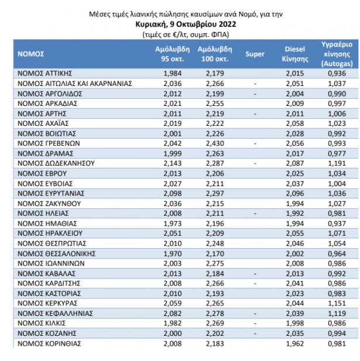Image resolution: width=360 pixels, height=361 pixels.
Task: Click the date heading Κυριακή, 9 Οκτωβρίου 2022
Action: [186, 25]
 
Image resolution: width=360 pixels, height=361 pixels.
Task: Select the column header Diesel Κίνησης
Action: [295, 54]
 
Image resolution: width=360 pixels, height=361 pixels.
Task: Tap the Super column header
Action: [255, 54]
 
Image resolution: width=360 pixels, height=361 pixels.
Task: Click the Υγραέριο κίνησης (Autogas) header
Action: [337, 54]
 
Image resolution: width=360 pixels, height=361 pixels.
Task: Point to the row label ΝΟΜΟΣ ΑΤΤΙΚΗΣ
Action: [44, 74]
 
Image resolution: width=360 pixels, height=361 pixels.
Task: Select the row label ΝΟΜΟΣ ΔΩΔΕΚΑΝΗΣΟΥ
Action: [56, 163]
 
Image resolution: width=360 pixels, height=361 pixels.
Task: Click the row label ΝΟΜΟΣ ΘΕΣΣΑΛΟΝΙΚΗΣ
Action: [56, 254]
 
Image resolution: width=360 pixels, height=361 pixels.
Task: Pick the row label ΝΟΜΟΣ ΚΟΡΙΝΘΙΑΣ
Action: [49, 343]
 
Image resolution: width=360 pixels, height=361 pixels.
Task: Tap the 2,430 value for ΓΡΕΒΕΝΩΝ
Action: [215, 143]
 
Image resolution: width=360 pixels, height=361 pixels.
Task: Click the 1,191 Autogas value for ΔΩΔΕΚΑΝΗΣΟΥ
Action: [337, 163]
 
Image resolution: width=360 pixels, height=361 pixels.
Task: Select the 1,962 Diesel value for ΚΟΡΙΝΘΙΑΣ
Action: [295, 343]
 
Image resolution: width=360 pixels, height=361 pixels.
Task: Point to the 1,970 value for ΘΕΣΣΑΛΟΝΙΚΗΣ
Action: [173, 254]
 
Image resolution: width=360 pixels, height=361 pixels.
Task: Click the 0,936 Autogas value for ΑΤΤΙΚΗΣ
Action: [337, 74]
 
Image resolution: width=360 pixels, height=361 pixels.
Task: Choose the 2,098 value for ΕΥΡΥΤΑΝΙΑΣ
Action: [173, 194]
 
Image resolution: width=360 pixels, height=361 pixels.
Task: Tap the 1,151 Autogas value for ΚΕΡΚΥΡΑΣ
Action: [337, 304]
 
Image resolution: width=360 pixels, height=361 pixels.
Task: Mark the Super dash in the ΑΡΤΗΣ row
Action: [255, 114]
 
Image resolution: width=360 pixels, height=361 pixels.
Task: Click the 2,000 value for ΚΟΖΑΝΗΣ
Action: [173, 334]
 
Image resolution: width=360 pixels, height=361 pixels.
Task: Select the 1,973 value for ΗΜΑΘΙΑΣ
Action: [173, 224]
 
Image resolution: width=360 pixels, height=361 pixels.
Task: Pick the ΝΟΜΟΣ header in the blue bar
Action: [30, 54]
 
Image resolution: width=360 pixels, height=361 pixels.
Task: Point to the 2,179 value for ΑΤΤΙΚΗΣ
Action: [215, 74]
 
